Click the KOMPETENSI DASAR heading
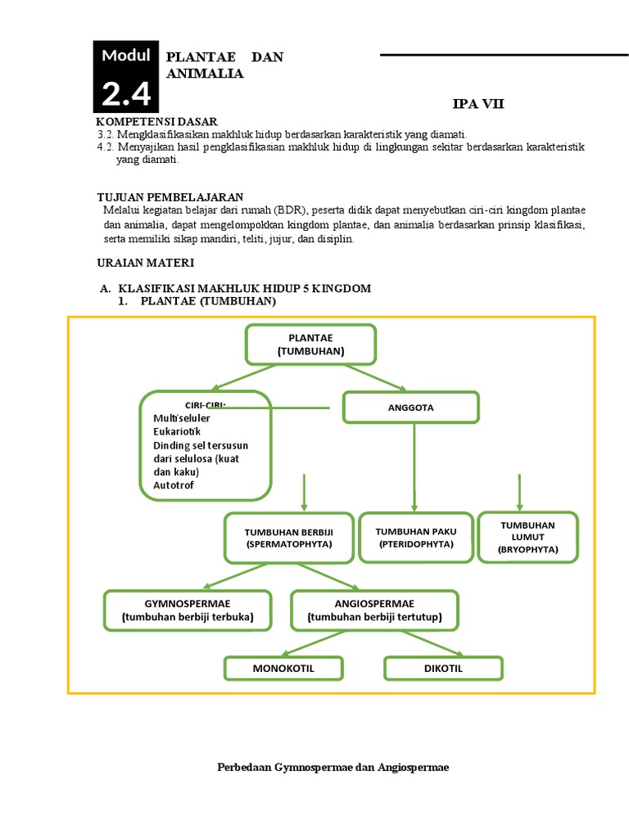click(x=157, y=122)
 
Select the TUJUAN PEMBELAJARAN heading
click(x=170, y=197)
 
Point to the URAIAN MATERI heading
click(x=146, y=263)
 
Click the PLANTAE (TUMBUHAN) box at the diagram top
click(x=310, y=345)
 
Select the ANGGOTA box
click(x=410, y=407)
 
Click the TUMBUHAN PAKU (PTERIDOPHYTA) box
click(x=416, y=538)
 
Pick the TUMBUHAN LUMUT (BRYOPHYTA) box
click(x=527, y=538)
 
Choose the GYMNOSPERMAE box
click(x=188, y=610)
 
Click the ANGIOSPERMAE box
click(x=374, y=610)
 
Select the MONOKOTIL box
click(x=283, y=669)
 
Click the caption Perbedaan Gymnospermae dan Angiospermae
click(x=333, y=768)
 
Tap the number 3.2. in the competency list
click(x=105, y=134)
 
